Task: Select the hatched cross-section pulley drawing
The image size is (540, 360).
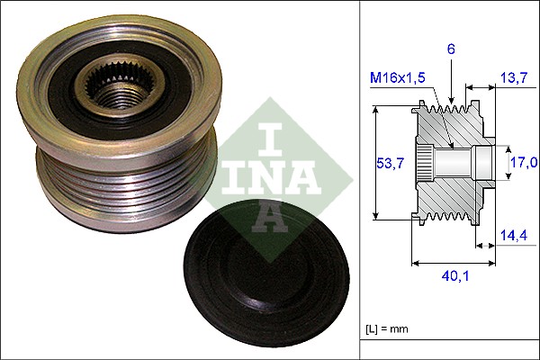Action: point(450,162)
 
